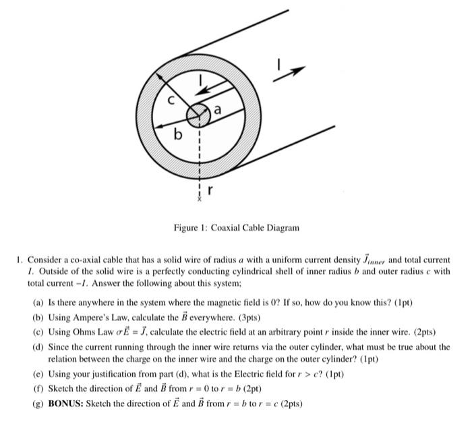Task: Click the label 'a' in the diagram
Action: click(218, 108)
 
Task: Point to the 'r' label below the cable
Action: click(210, 190)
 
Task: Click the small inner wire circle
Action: click(198, 116)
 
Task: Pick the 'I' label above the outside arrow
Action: click(278, 63)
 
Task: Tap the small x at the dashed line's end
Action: click(199, 200)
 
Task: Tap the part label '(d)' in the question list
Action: click(38, 347)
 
